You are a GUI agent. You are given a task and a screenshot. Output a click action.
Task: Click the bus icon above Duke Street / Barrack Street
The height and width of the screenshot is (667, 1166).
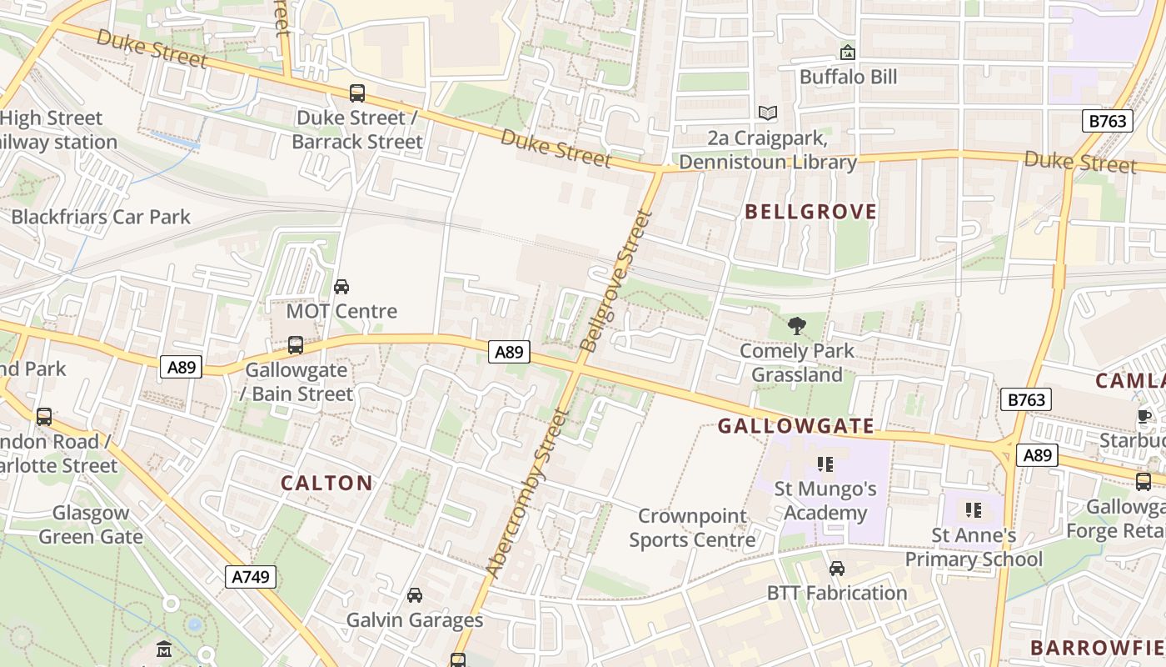[x=357, y=93]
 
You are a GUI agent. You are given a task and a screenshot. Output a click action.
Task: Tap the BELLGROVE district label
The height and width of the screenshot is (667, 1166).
[x=810, y=212]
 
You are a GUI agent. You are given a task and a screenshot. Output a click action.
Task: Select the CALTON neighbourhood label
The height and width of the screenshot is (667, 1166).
[x=326, y=483]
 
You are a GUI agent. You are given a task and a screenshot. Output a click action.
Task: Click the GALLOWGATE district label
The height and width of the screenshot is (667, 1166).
[x=796, y=426]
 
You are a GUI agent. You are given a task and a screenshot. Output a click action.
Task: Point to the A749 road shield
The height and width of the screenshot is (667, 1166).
[x=251, y=576]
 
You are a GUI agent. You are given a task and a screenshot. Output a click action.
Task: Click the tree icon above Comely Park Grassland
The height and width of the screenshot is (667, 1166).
[x=797, y=326]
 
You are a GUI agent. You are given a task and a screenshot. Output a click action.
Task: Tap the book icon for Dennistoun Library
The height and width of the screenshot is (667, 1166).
[x=767, y=113]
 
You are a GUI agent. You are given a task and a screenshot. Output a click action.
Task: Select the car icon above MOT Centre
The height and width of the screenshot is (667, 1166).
[x=341, y=287]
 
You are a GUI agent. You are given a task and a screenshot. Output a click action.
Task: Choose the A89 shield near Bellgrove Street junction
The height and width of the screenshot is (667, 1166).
[x=508, y=353]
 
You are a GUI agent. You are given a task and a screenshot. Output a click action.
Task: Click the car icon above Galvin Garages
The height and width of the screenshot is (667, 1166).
[x=414, y=595]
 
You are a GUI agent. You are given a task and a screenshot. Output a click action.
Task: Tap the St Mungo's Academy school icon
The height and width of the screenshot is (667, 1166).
[x=825, y=464]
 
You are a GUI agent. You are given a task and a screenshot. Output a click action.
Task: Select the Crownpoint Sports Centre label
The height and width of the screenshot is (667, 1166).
[x=692, y=528]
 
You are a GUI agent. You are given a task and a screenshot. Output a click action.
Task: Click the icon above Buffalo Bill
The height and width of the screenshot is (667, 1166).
[x=848, y=53]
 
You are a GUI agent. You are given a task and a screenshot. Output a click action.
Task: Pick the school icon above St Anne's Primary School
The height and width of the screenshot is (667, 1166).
[x=973, y=509]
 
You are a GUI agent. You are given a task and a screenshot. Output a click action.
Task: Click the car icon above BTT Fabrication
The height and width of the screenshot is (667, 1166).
[x=837, y=569]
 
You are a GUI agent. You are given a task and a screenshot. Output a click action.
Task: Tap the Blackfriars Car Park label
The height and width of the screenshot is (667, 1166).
[x=101, y=218]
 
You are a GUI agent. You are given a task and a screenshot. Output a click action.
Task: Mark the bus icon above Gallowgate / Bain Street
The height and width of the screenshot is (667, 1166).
[x=295, y=344]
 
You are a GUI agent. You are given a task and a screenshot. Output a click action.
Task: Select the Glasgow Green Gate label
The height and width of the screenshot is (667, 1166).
[x=91, y=524]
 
